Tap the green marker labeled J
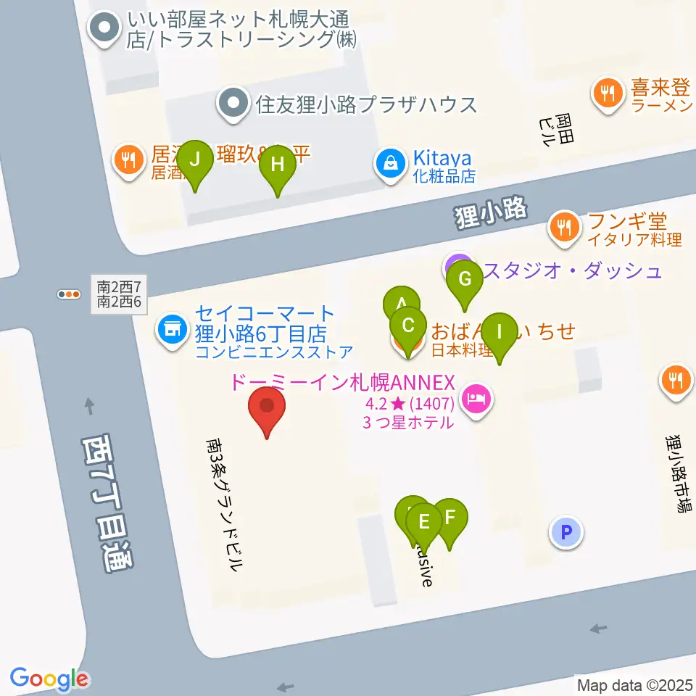[194, 161]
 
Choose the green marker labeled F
[449, 519]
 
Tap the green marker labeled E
[425, 523]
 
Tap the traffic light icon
[70, 294]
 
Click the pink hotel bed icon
[476, 398]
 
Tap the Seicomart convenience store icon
[172, 331]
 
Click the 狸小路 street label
[490, 215]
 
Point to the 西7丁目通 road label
[104, 504]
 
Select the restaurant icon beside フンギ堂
[563, 226]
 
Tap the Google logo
[49, 679]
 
